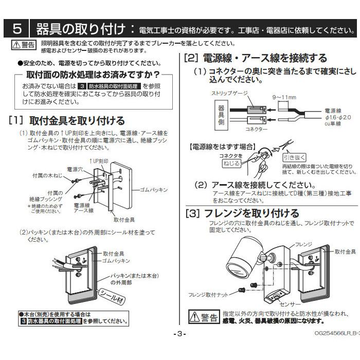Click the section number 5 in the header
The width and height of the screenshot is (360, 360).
(x=17, y=27)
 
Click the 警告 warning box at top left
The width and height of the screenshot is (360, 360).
(x=24, y=45)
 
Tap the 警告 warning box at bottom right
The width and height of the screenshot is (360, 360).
(x=203, y=316)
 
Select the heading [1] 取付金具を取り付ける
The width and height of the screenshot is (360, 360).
(x=67, y=121)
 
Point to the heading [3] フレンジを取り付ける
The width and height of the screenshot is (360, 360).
(x=242, y=213)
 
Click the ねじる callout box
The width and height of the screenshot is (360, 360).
(x=230, y=163)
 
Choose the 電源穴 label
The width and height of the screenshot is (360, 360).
(x=75, y=169)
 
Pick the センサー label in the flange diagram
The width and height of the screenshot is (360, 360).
(x=290, y=304)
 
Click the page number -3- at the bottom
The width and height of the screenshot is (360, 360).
(x=179, y=334)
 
